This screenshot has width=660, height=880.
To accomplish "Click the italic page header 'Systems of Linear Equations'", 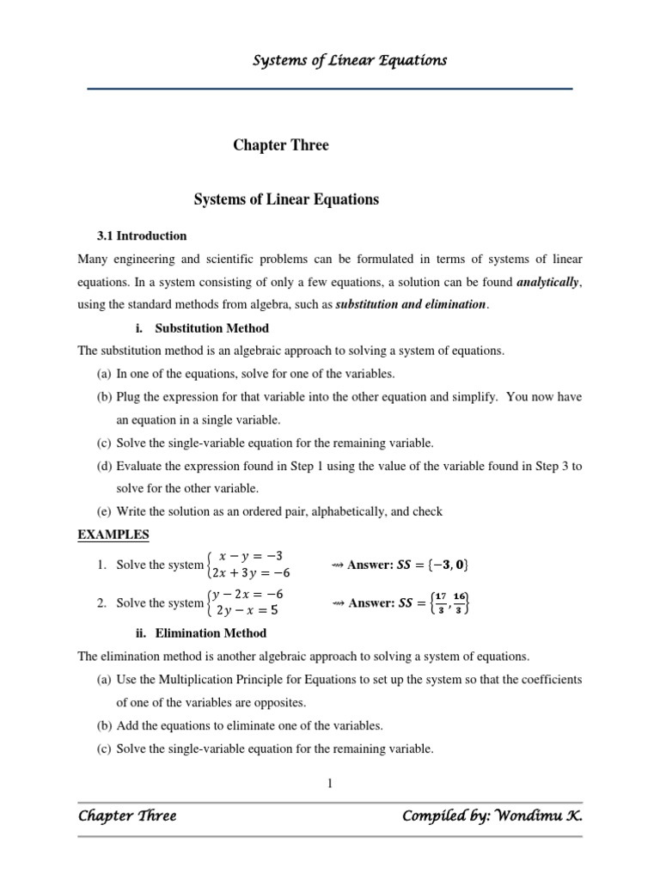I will (349, 60).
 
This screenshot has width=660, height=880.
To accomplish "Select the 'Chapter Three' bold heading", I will (280, 145).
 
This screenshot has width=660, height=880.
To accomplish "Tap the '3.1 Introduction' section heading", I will (141, 235).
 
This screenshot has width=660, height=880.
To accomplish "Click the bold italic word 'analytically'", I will (549, 281).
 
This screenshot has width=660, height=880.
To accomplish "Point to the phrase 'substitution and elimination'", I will (410, 305).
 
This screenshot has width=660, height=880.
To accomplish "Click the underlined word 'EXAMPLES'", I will (113, 535).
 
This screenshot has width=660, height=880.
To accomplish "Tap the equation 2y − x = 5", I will (248, 611).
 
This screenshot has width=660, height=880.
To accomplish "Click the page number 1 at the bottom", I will (329, 783).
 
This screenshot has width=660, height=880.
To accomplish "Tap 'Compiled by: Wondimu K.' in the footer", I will (492, 816).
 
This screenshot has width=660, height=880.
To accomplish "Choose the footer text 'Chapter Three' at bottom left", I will (126, 816).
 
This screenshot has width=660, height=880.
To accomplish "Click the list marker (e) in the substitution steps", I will (104, 511).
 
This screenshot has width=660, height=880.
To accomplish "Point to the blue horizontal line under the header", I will (330, 89).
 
